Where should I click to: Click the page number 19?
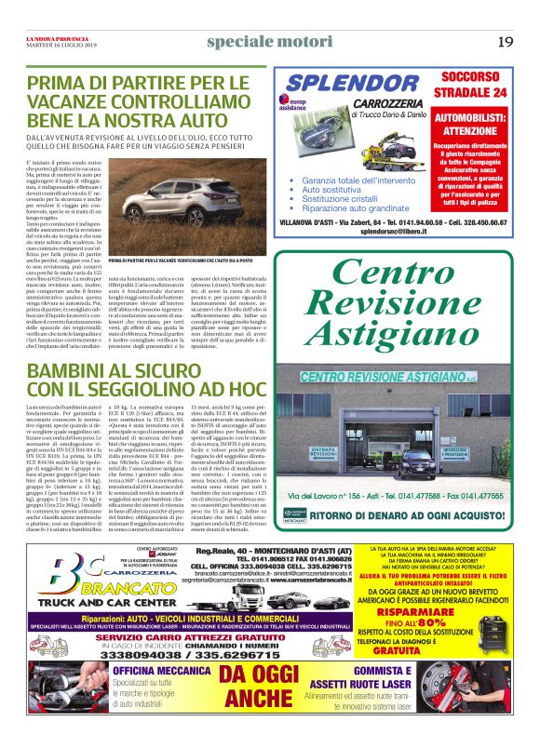(506, 41)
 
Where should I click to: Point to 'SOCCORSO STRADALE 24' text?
(474, 86)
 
